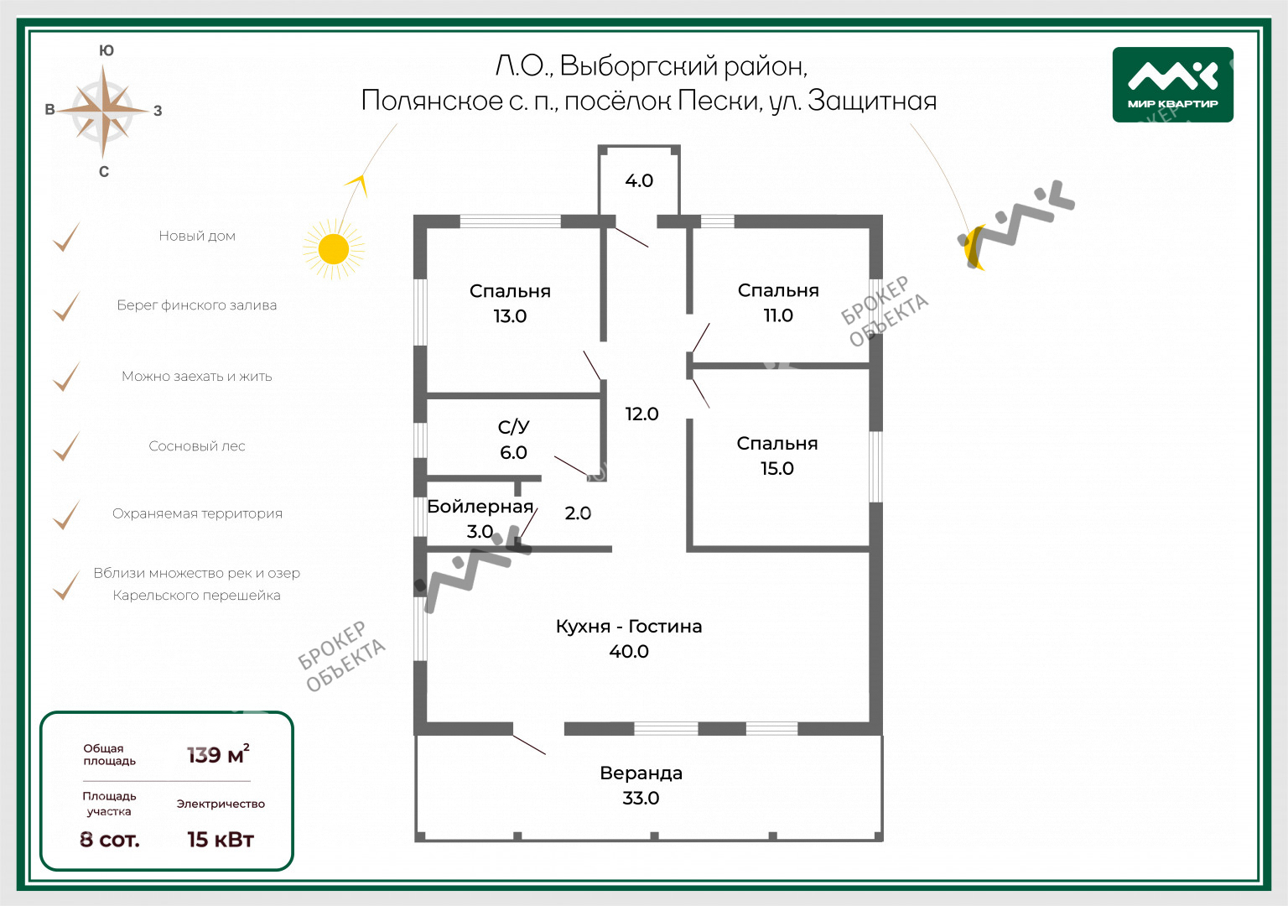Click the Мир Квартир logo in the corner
1172,85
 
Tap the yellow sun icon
334,249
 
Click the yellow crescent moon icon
973,247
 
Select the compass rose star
103,111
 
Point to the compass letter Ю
106,50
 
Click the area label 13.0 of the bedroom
510,316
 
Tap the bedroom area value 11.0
778,315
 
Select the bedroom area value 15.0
777,468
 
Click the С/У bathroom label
513,427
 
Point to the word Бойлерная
480,507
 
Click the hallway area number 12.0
641,414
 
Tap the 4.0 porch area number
639,180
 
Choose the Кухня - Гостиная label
629,627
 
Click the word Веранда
641,773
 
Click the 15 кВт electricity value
220,839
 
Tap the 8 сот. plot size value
110,839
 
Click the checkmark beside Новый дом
66,237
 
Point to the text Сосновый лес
197,446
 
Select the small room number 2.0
578,513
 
